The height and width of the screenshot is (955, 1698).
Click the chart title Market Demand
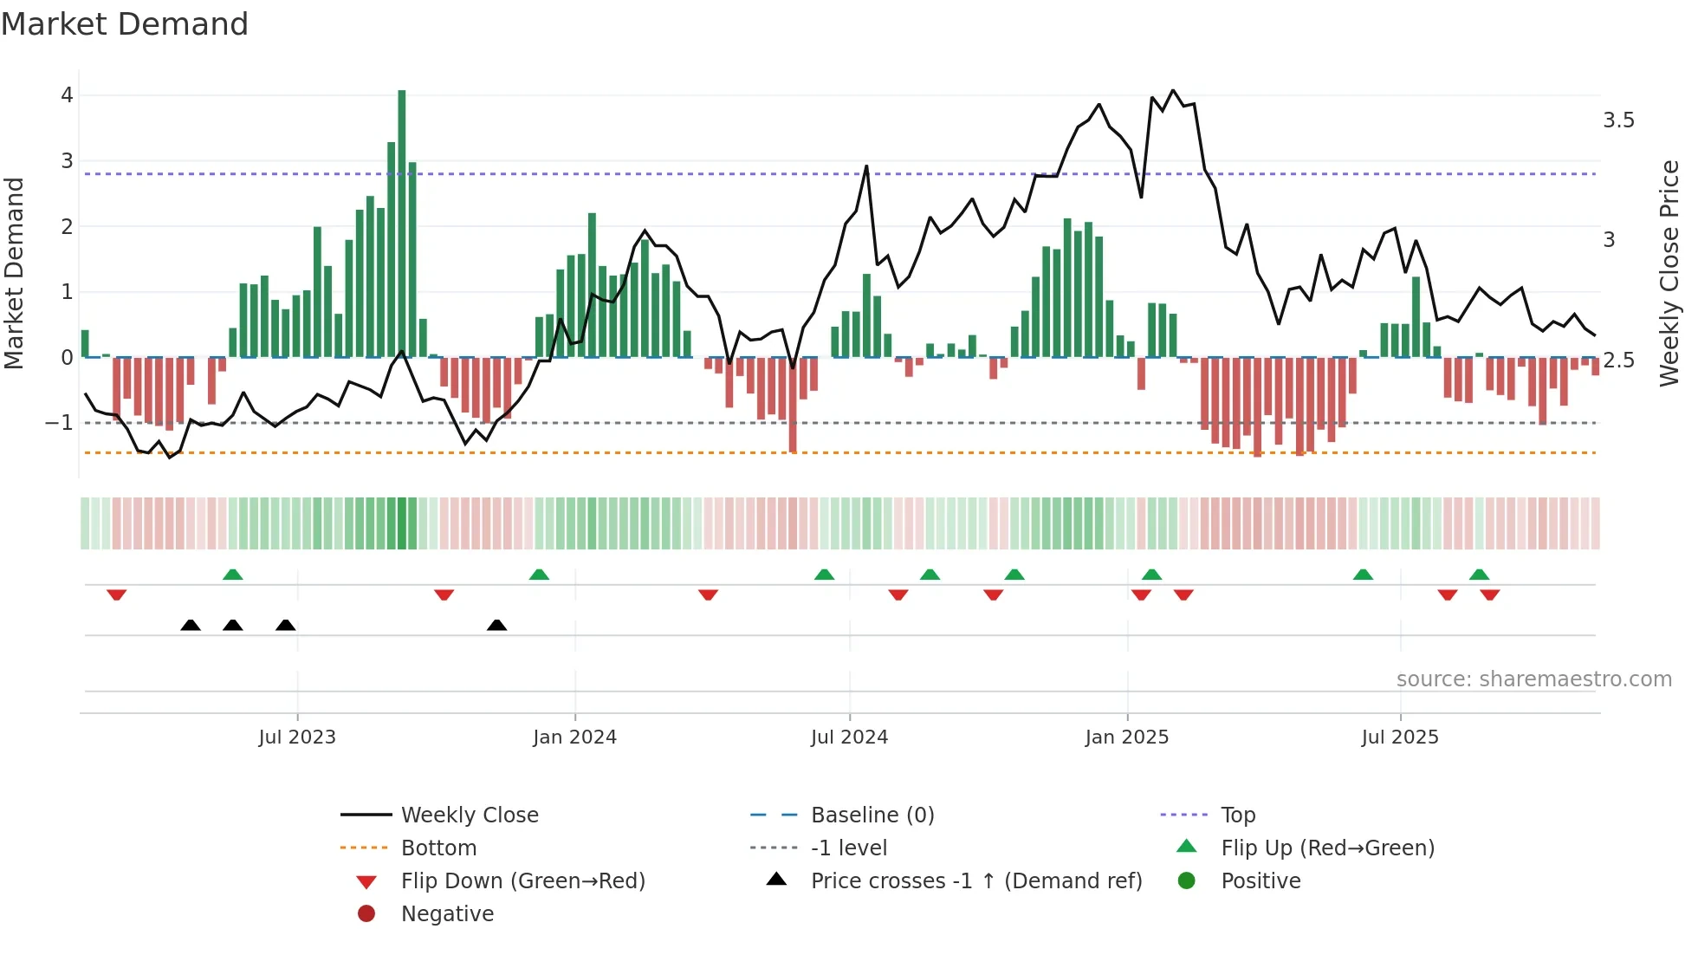point(125,24)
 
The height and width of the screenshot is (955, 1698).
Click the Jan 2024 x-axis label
point(574,737)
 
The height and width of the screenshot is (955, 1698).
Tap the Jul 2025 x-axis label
point(1399,737)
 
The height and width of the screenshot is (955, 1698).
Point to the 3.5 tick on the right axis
point(1618,120)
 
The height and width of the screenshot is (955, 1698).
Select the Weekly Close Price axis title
point(1669,273)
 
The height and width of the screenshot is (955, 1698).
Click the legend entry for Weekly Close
point(469,815)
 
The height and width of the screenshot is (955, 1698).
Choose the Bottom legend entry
point(438,848)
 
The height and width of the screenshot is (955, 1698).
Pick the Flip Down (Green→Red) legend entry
point(522,881)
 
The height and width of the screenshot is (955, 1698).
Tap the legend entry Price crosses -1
point(975,881)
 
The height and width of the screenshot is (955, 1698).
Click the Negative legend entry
point(447,914)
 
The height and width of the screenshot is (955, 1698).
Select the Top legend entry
point(1238,815)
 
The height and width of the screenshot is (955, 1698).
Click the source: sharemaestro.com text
point(1533,679)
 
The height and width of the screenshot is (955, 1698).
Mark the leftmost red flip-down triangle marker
point(117,594)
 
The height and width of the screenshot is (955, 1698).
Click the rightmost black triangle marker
point(496,625)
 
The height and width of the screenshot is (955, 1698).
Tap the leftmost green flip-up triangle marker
point(232,575)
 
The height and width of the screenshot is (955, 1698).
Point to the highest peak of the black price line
point(1173,90)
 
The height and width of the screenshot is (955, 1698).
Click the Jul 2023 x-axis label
point(296,737)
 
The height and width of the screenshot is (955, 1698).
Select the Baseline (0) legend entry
point(872,815)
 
